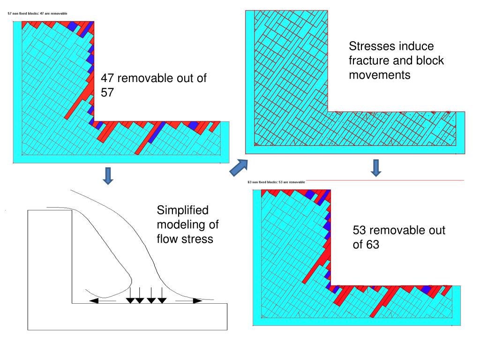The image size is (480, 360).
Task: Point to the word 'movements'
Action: (380, 75)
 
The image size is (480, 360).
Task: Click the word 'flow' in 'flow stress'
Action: (166, 239)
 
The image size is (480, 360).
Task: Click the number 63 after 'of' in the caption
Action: (372, 245)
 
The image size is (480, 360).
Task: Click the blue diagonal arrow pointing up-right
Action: (238, 168)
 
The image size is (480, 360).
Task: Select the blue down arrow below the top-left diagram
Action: (108, 175)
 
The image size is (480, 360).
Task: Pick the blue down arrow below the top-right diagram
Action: (376, 168)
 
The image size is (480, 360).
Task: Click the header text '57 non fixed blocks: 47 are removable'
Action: (38, 14)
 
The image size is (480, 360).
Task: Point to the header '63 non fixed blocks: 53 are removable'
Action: (276, 182)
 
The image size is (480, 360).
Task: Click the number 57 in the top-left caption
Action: (107, 93)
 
